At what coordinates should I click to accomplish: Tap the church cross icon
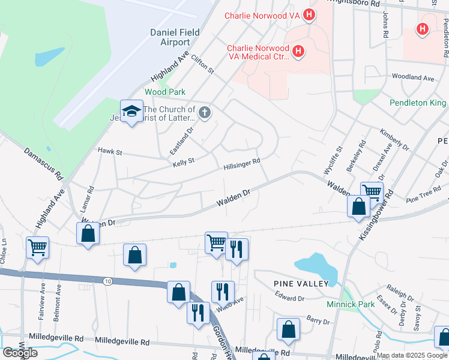coord(205,113)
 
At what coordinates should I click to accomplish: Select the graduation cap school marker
coord(131,111)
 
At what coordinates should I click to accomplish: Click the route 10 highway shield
coord(107,281)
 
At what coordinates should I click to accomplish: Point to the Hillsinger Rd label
coord(241,164)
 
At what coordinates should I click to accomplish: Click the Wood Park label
coord(165,92)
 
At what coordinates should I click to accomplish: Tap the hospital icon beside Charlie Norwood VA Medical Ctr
coord(298,52)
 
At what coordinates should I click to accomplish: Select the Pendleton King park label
coord(418,103)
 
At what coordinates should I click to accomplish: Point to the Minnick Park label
coord(351,304)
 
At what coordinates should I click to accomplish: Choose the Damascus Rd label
coord(43,164)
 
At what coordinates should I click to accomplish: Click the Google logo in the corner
coord(20,353)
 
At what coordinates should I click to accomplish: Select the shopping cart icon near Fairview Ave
coord(37,247)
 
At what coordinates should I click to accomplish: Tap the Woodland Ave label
coord(412,78)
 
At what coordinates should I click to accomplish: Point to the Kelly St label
coord(184,162)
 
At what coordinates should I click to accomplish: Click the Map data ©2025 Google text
coord(412,355)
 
